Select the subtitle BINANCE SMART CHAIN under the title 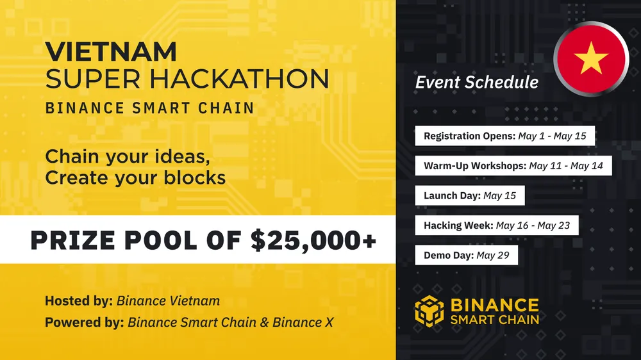149,107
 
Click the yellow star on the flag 591,59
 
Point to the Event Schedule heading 476,82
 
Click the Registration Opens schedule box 505,136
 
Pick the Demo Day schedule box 466,255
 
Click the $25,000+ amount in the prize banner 313,240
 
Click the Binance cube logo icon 429,311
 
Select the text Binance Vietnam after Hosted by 168,300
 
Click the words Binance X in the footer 303,322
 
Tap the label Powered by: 84,322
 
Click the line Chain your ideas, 128,156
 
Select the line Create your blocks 135,177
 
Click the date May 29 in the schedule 493,255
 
